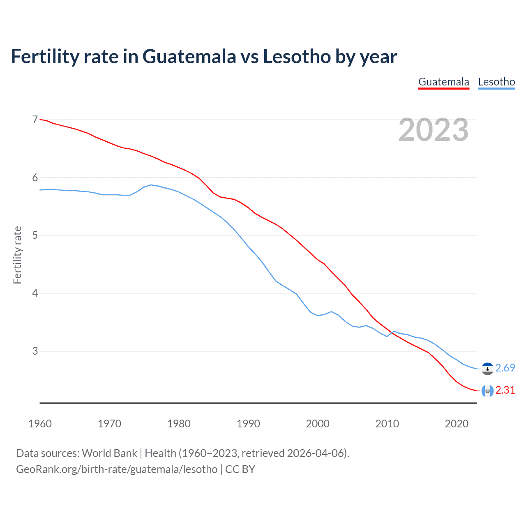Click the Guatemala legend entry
pyautogui.click(x=443, y=82)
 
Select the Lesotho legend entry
pyautogui.click(x=496, y=82)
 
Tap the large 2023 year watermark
pyautogui.click(x=433, y=130)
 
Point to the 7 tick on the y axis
pyautogui.click(x=35, y=120)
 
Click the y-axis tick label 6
pyautogui.click(x=35, y=178)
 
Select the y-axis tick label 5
pyautogui.click(x=35, y=235)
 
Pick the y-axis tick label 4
pyautogui.click(x=35, y=293)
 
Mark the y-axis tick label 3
pyautogui.click(x=35, y=351)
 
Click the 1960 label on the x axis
pyautogui.click(x=40, y=424)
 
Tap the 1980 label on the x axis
pyautogui.click(x=179, y=424)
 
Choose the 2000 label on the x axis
pyautogui.click(x=318, y=424)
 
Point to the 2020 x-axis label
pyautogui.click(x=457, y=424)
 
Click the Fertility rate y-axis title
pyautogui.click(x=17, y=255)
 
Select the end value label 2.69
pyautogui.click(x=505, y=368)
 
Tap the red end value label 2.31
pyautogui.click(x=505, y=390)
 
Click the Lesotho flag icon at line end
pyautogui.click(x=487, y=369)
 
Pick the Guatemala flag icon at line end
pyautogui.click(x=487, y=390)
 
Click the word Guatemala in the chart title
pyautogui.click(x=189, y=57)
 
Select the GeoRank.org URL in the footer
pyautogui.click(x=117, y=469)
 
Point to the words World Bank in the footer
pyautogui.click(x=109, y=453)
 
